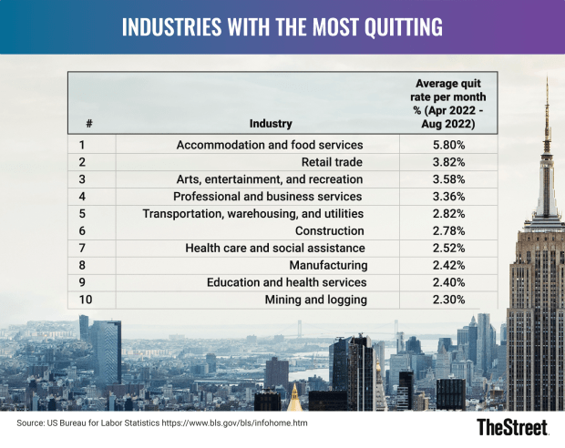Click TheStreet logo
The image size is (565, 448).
point(515,427)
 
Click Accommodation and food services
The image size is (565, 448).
point(270,145)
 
